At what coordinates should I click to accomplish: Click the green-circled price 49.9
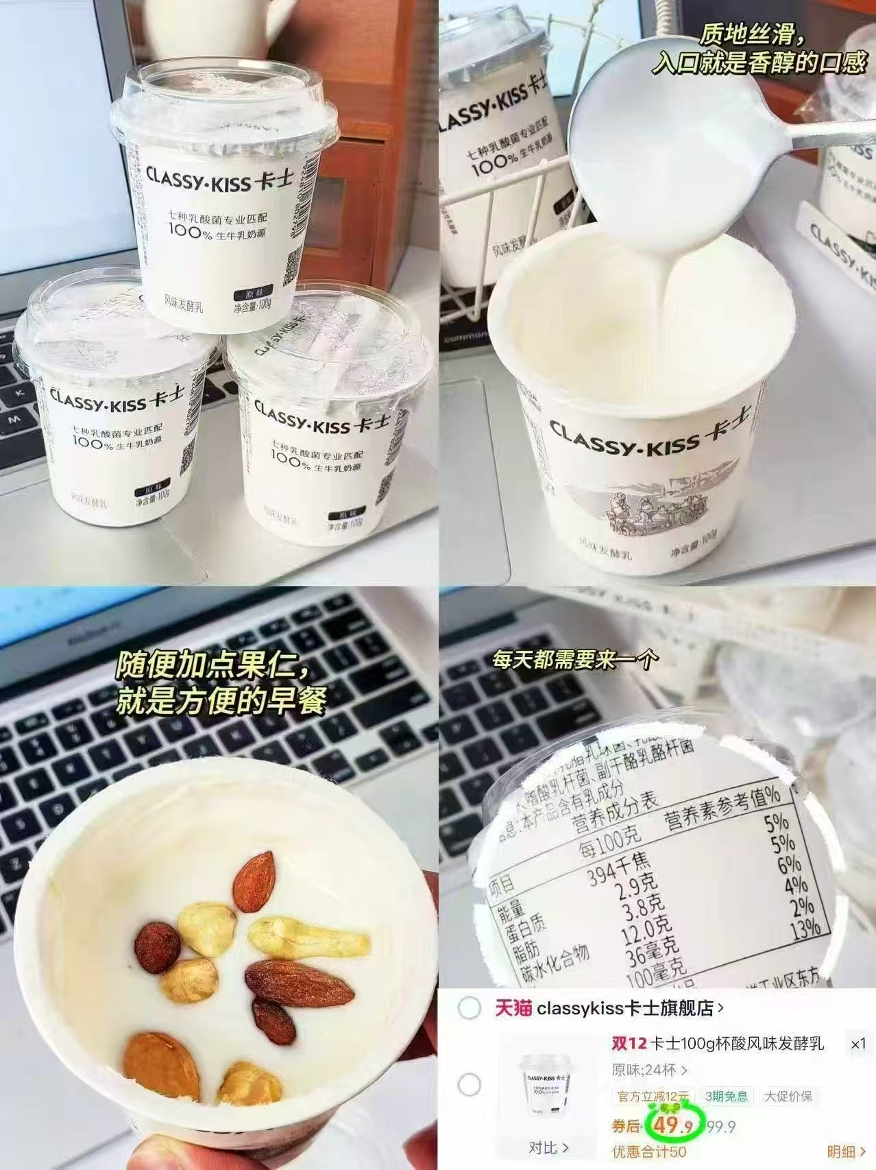pos(672,1126)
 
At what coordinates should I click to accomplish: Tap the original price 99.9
pos(721,1127)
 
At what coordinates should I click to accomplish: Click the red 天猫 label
pos(513,1008)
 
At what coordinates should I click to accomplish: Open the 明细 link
pos(841,1151)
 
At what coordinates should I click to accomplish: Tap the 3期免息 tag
pos(727,1096)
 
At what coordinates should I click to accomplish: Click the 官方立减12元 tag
pos(653,1096)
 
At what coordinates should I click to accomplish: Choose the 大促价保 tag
pos(788,1096)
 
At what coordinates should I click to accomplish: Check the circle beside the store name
pos(470,1009)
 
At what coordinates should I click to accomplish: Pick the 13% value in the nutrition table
pos(805,929)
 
